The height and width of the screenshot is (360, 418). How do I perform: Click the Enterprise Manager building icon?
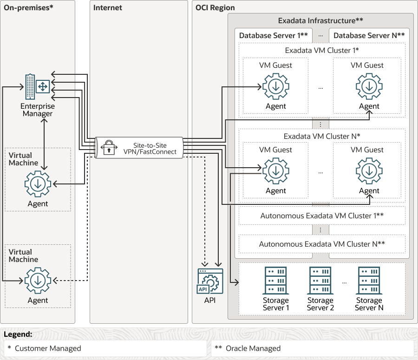36,87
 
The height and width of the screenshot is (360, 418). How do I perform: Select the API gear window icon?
210,281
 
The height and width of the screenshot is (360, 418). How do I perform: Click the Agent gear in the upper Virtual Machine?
38,184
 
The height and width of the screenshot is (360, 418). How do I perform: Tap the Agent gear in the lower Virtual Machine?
38,281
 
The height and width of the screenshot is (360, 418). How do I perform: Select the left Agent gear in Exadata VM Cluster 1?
276,87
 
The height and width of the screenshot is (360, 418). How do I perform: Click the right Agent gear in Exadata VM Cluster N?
369,171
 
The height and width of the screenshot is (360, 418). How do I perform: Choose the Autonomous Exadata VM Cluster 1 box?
321,216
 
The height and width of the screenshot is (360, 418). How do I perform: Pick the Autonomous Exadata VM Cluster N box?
321,244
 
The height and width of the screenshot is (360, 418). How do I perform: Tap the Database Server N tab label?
369,35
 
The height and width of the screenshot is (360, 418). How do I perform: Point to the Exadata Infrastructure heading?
320,20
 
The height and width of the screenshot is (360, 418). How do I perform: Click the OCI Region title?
215,7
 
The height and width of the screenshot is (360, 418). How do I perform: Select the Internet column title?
107,7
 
